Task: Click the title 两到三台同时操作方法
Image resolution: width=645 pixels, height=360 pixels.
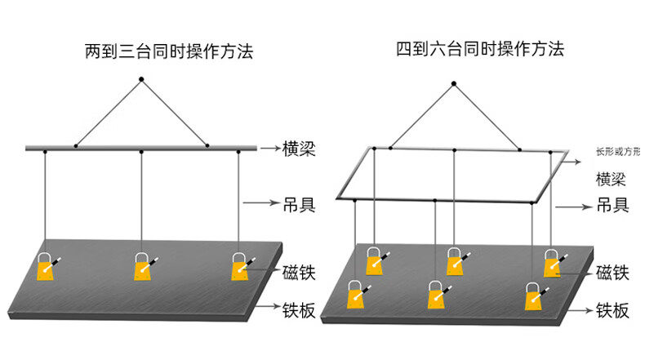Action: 169,52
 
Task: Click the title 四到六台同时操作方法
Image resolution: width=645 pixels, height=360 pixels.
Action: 480,49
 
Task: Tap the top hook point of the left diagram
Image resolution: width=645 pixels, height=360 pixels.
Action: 141,79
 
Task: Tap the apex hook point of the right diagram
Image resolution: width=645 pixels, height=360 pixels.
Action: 455,82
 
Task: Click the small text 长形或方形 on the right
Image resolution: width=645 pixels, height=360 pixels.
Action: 618,152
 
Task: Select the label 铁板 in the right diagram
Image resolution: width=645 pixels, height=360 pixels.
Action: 612,310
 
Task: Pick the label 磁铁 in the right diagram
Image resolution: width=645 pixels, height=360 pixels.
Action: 612,273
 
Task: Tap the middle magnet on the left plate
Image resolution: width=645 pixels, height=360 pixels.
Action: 144,267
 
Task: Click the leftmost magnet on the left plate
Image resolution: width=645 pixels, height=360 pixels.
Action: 46,267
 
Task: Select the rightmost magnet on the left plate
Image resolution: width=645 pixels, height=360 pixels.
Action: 240,266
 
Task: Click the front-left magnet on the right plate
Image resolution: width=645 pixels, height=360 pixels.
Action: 356,296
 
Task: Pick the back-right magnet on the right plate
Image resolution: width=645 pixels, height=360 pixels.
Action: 554,263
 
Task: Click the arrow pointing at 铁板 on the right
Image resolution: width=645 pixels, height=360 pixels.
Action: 577,311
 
